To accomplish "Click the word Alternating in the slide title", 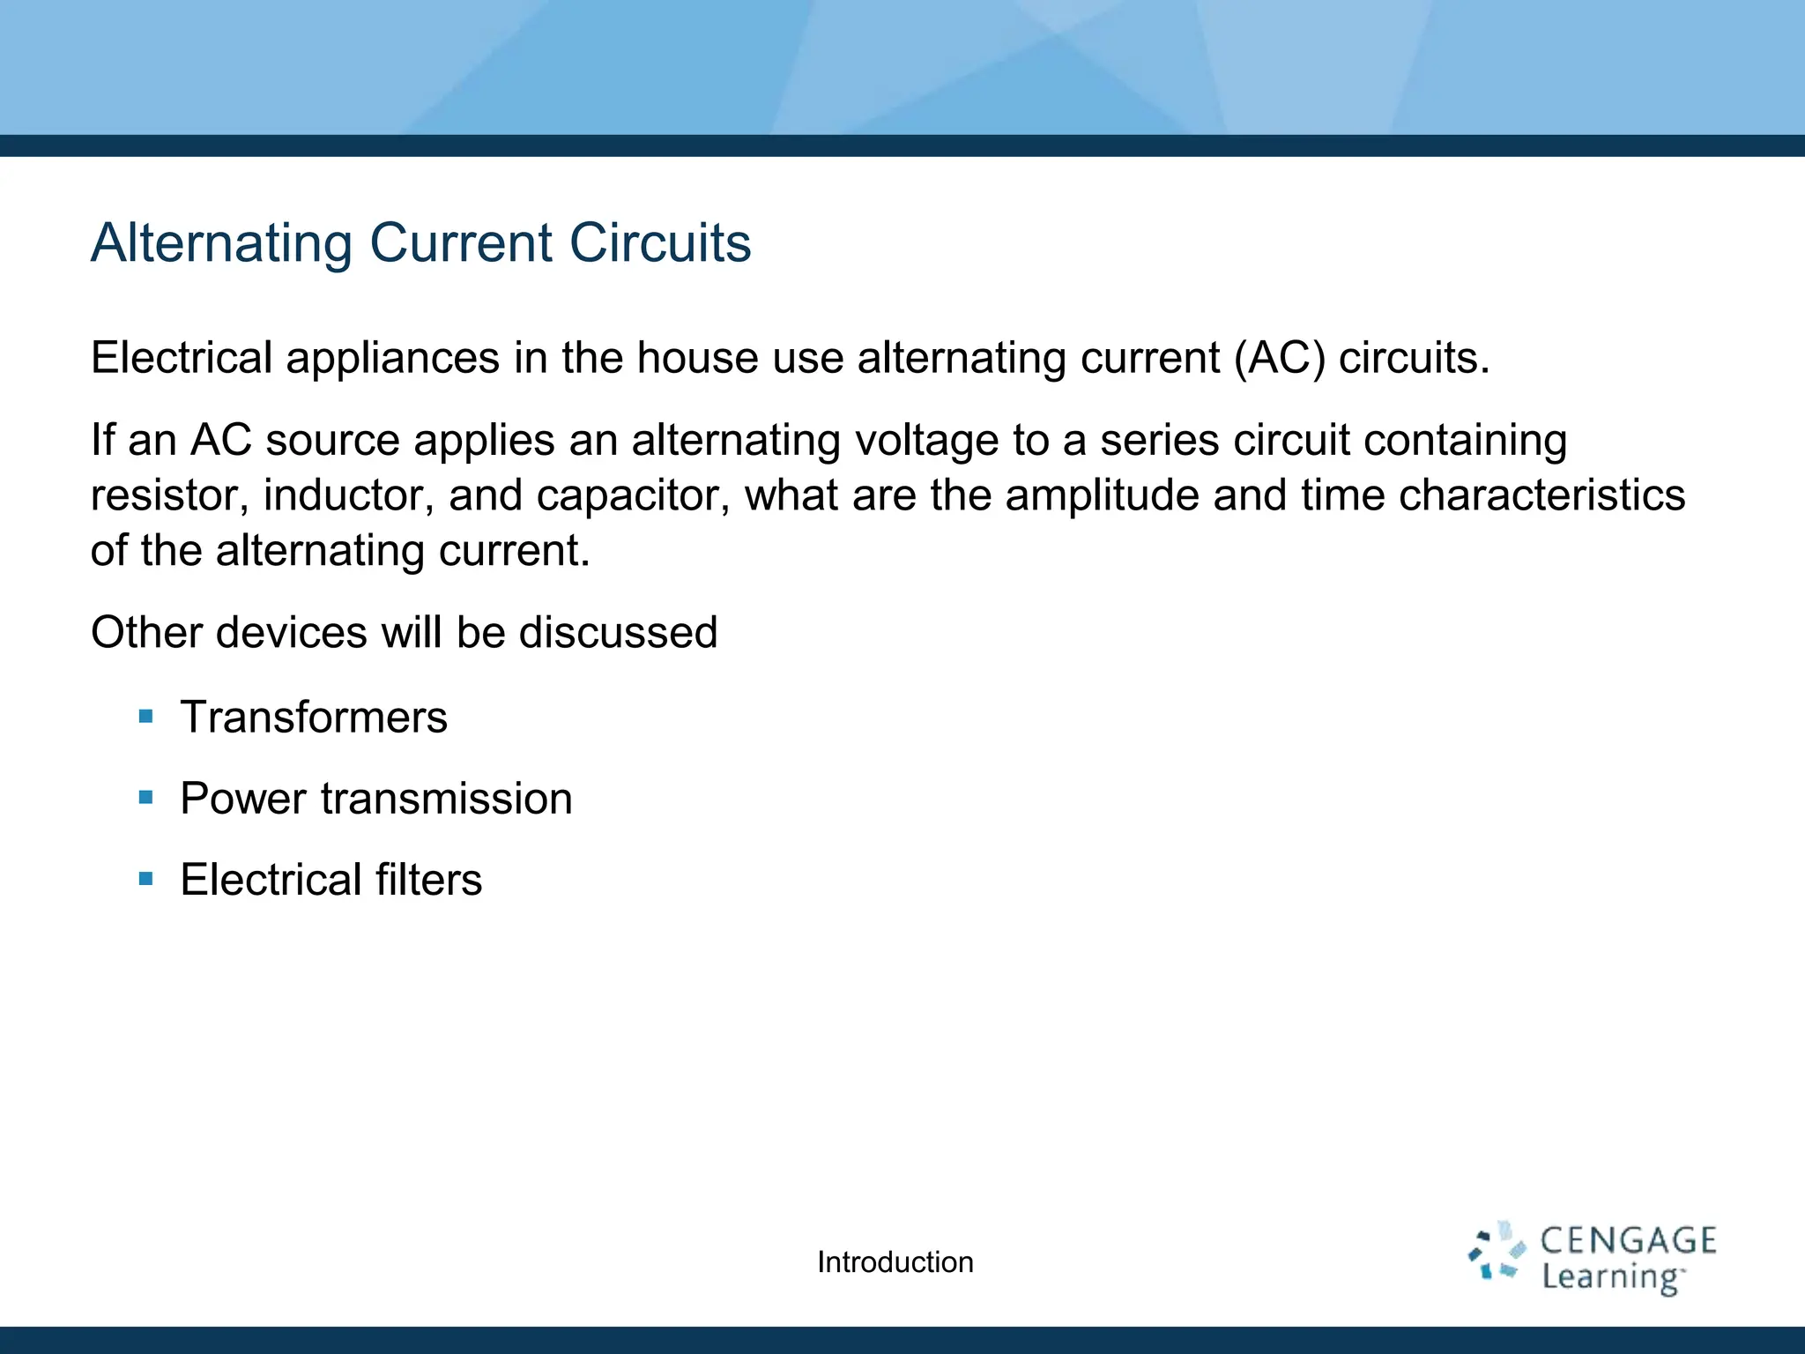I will (221, 242).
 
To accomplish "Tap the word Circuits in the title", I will (660, 242).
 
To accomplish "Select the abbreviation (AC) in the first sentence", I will (1279, 358).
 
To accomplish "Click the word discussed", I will (618, 633).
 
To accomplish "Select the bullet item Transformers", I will (314, 717).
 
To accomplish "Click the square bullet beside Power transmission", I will (146, 798).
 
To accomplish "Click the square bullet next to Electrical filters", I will (146, 879).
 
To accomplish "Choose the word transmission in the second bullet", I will (446, 799).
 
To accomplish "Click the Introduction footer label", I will (895, 1262).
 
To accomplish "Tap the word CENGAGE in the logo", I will (1628, 1240).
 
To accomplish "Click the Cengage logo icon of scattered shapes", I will (1496, 1251).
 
